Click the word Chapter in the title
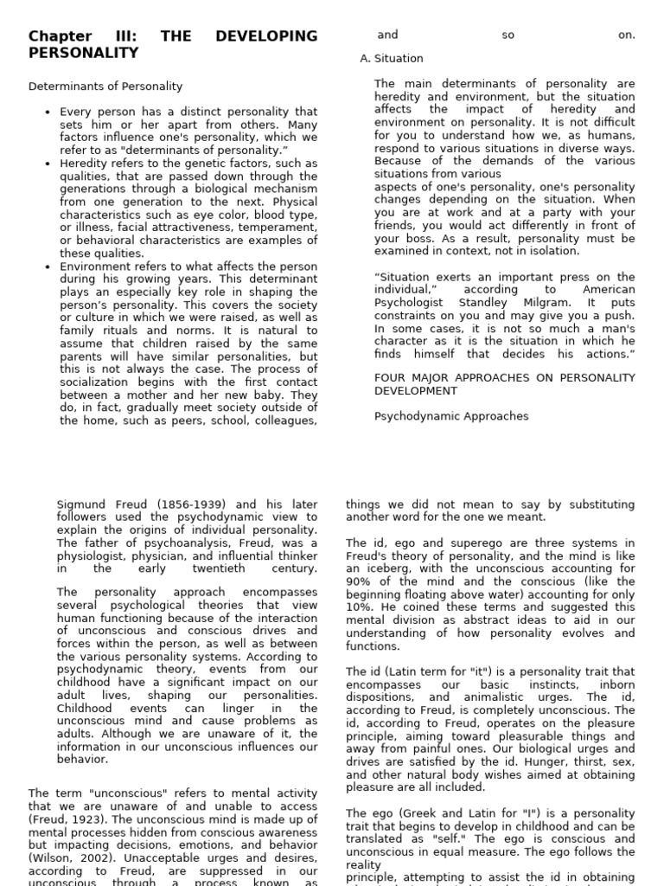pos(59,36)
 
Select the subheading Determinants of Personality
pos(105,87)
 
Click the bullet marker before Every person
pos(48,112)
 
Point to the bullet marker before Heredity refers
pos(48,164)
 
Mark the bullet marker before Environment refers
pos(48,266)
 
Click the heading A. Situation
pos(392,59)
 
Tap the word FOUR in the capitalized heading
pos(390,378)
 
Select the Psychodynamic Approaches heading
pos(451,416)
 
